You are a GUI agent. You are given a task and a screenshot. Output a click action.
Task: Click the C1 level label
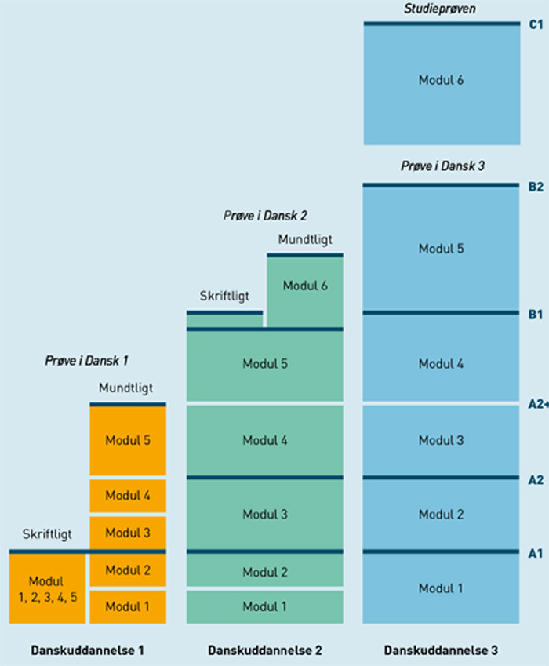tap(536, 24)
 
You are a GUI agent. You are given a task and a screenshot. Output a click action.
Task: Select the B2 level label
tap(536, 187)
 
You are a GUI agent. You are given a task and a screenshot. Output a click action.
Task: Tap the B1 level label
tap(536, 314)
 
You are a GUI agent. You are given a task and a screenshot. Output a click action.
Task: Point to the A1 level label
tap(536, 553)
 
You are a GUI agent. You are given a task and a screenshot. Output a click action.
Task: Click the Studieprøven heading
tap(441, 9)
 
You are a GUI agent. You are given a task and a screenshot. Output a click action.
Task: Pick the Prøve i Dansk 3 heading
tap(441, 167)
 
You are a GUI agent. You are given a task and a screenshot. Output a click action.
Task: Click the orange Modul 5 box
tap(128, 440)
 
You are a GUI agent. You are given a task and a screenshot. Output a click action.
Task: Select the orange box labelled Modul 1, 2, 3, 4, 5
tap(47, 588)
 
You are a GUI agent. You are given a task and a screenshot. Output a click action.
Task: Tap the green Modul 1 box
tap(264, 606)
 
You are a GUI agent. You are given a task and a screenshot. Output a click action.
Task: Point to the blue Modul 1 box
tap(441, 588)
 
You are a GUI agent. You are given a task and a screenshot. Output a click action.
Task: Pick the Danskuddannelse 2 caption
tap(264, 650)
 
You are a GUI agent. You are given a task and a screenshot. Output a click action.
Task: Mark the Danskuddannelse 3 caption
tap(441, 650)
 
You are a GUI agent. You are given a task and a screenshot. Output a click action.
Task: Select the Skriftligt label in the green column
tap(224, 296)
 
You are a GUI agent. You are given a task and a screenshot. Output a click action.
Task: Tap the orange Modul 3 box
tap(128, 533)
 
